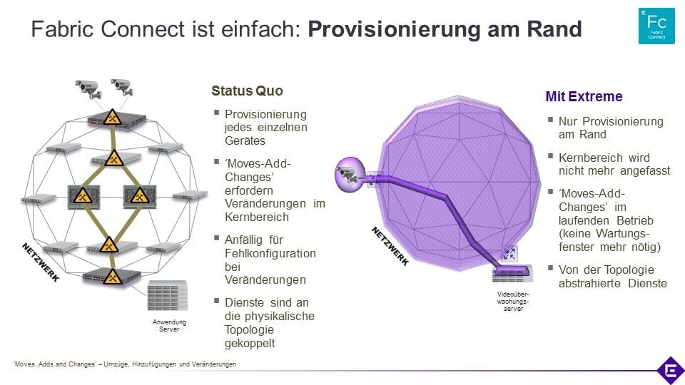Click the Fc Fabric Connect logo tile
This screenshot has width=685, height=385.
click(x=656, y=26)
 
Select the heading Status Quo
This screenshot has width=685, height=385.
click(x=247, y=91)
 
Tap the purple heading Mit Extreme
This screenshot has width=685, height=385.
click(x=584, y=96)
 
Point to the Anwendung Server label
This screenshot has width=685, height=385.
click(x=169, y=326)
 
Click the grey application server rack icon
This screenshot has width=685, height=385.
click(x=167, y=295)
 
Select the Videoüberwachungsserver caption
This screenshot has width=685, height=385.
click(x=513, y=301)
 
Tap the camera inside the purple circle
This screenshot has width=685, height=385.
click(x=348, y=174)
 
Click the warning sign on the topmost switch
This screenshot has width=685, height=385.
click(x=112, y=118)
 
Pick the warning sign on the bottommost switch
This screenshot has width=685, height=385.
click(x=112, y=277)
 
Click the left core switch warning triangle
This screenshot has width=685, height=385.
click(x=83, y=195)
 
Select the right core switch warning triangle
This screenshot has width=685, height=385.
click(x=139, y=195)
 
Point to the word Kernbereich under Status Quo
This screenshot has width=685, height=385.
click(x=257, y=217)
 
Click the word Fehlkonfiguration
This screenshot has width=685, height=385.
click(x=270, y=253)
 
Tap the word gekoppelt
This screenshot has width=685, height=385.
click(x=250, y=344)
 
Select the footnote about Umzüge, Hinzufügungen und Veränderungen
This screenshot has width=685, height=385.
click(x=124, y=364)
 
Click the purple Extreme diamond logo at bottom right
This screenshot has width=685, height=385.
click(x=671, y=371)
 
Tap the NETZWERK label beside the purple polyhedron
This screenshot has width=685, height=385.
click(x=390, y=246)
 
